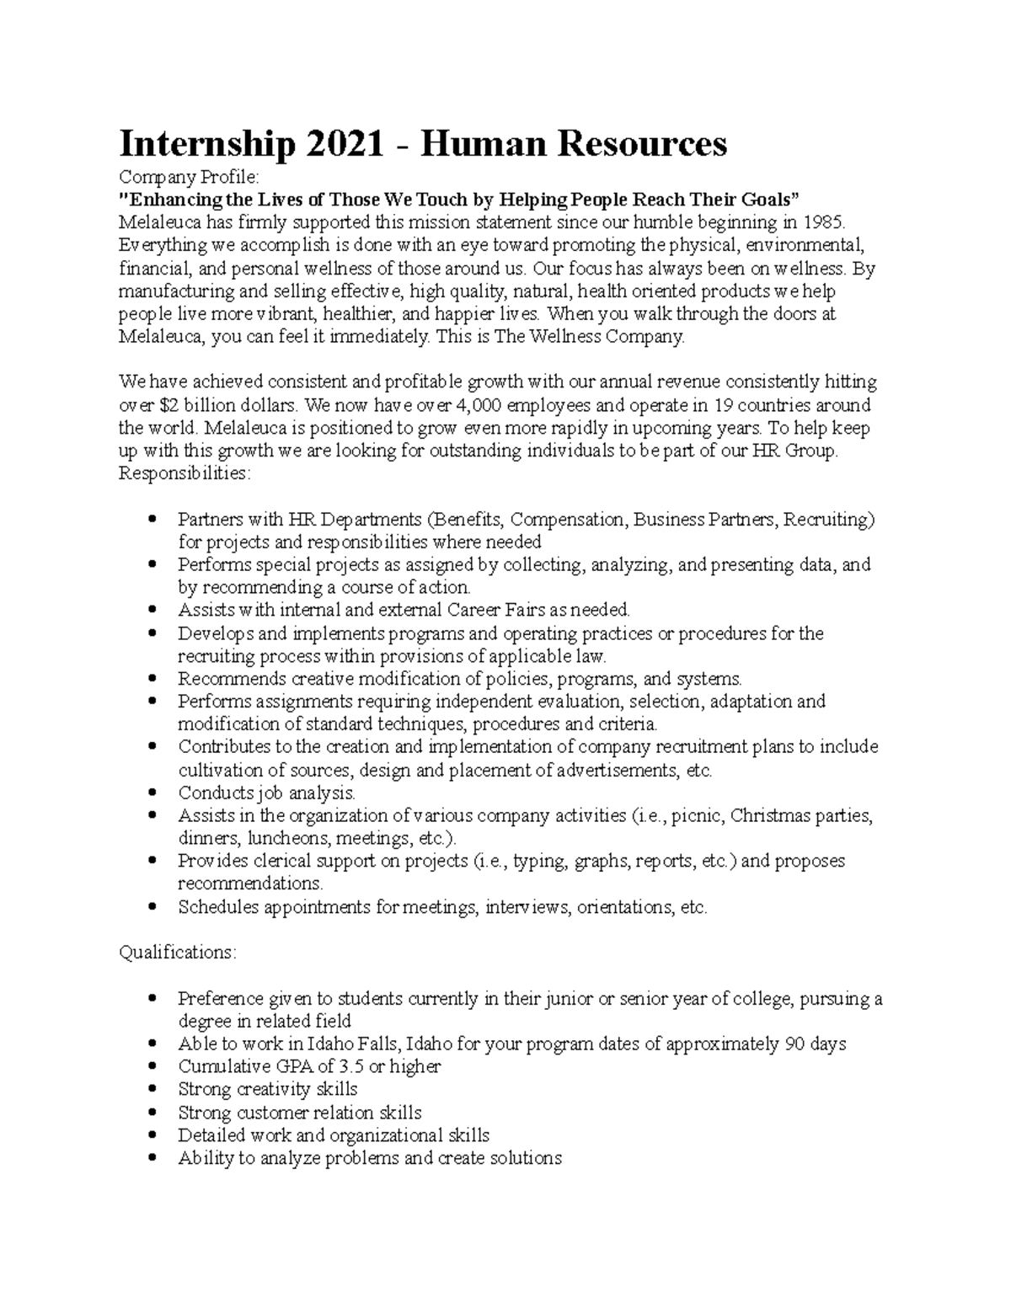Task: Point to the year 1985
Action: tap(821, 222)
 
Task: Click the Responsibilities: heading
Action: tap(185, 473)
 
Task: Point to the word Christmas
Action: tap(776, 815)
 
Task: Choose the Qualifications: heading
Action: tap(178, 953)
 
